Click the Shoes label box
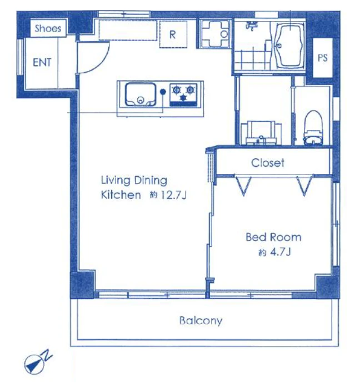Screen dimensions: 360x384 (48, 28)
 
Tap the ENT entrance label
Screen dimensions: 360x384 (42, 62)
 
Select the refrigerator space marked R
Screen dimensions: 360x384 (173, 34)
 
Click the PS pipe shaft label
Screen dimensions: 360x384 (323, 58)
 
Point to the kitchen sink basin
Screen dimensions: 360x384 (141, 95)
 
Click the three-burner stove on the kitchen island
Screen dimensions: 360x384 (183, 95)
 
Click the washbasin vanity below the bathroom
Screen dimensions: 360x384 (261, 133)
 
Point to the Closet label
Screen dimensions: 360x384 (268, 163)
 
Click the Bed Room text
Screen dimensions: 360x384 (273, 237)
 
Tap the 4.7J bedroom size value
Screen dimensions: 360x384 (280, 252)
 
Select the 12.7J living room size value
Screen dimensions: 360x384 (173, 195)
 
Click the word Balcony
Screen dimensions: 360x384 (201, 320)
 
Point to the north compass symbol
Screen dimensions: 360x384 (37, 363)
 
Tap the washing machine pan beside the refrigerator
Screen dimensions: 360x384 (215, 34)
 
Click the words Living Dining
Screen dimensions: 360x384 (134, 181)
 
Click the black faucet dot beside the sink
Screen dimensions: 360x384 (163, 92)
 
